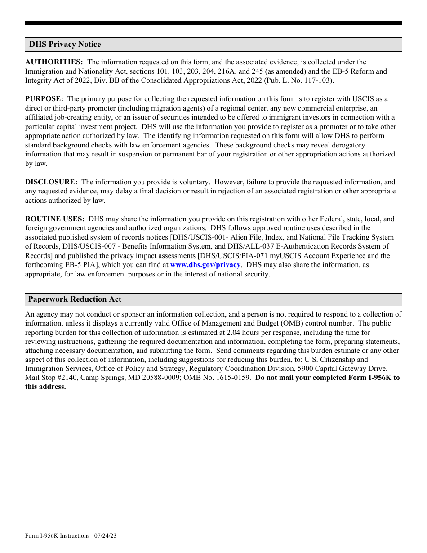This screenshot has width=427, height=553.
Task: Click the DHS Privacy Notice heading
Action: click(x=65, y=44)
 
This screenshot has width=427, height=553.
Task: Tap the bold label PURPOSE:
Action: click(x=44, y=99)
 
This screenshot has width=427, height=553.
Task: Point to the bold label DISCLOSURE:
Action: click(x=51, y=182)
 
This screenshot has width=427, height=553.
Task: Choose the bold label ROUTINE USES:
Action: click(x=55, y=219)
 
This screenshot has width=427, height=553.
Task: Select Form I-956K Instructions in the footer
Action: click(x=58, y=535)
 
